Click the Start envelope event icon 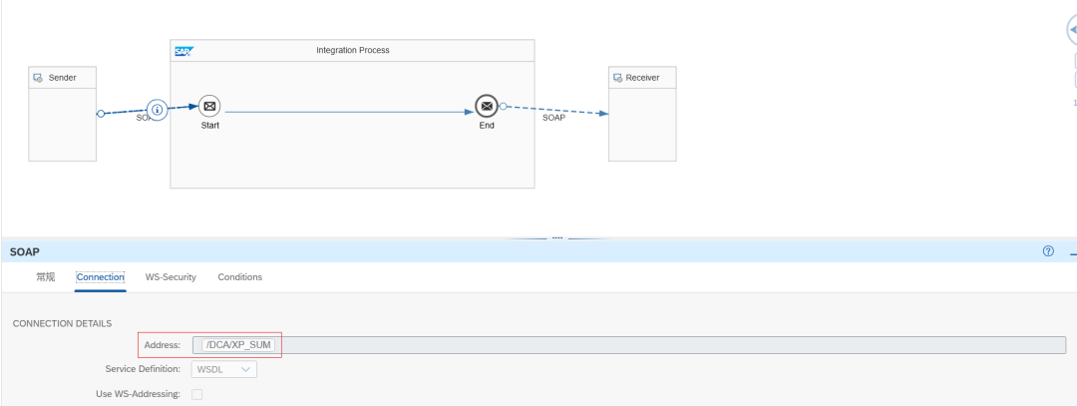(x=209, y=106)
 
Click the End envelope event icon (x=487, y=106)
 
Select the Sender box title (x=63, y=78)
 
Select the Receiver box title (x=642, y=78)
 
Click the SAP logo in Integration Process (x=183, y=51)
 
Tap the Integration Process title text (x=352, y=50)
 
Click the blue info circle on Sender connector (x=158, y=109)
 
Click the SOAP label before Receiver (x=553, y=118)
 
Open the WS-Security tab (x=171, y=277)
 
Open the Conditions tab (x=239, y=277)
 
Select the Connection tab (x=101, y=277)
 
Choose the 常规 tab (x=45, y=277)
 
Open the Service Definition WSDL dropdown (x=224, y=369)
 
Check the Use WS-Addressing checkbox (x=197, y=394)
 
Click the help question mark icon (x=1048, y=251)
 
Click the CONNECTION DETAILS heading (x=62, y=323)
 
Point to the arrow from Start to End (x=349, y=112)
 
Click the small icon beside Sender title (x=39, y=78)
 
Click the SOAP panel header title (x=24, y=252)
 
